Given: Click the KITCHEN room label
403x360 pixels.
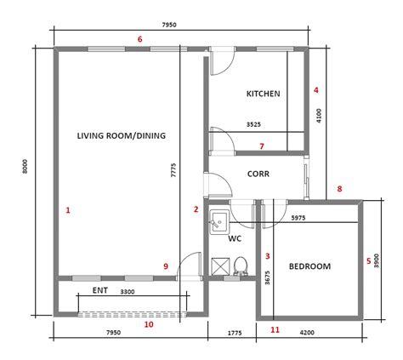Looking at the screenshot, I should pos(263,94).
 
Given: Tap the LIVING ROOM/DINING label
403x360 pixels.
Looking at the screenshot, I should pos(121,135).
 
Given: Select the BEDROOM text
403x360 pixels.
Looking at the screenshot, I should pos(309,266).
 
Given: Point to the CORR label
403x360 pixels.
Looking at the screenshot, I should pos(258,174).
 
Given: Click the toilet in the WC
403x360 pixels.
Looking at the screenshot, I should pos(241,266).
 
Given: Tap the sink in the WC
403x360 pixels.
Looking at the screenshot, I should pos(218,223).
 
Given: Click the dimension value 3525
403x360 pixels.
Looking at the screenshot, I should pos(253,125).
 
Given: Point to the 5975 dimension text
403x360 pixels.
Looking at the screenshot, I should pos(298,218).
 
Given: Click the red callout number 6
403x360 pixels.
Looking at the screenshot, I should pos(139,39).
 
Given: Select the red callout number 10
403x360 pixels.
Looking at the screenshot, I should pos(148,324).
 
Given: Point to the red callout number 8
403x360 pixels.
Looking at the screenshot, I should pos(339,189).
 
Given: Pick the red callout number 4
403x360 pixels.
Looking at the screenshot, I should pos(315,89).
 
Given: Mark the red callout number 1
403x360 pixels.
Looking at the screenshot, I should pos(68,209).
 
